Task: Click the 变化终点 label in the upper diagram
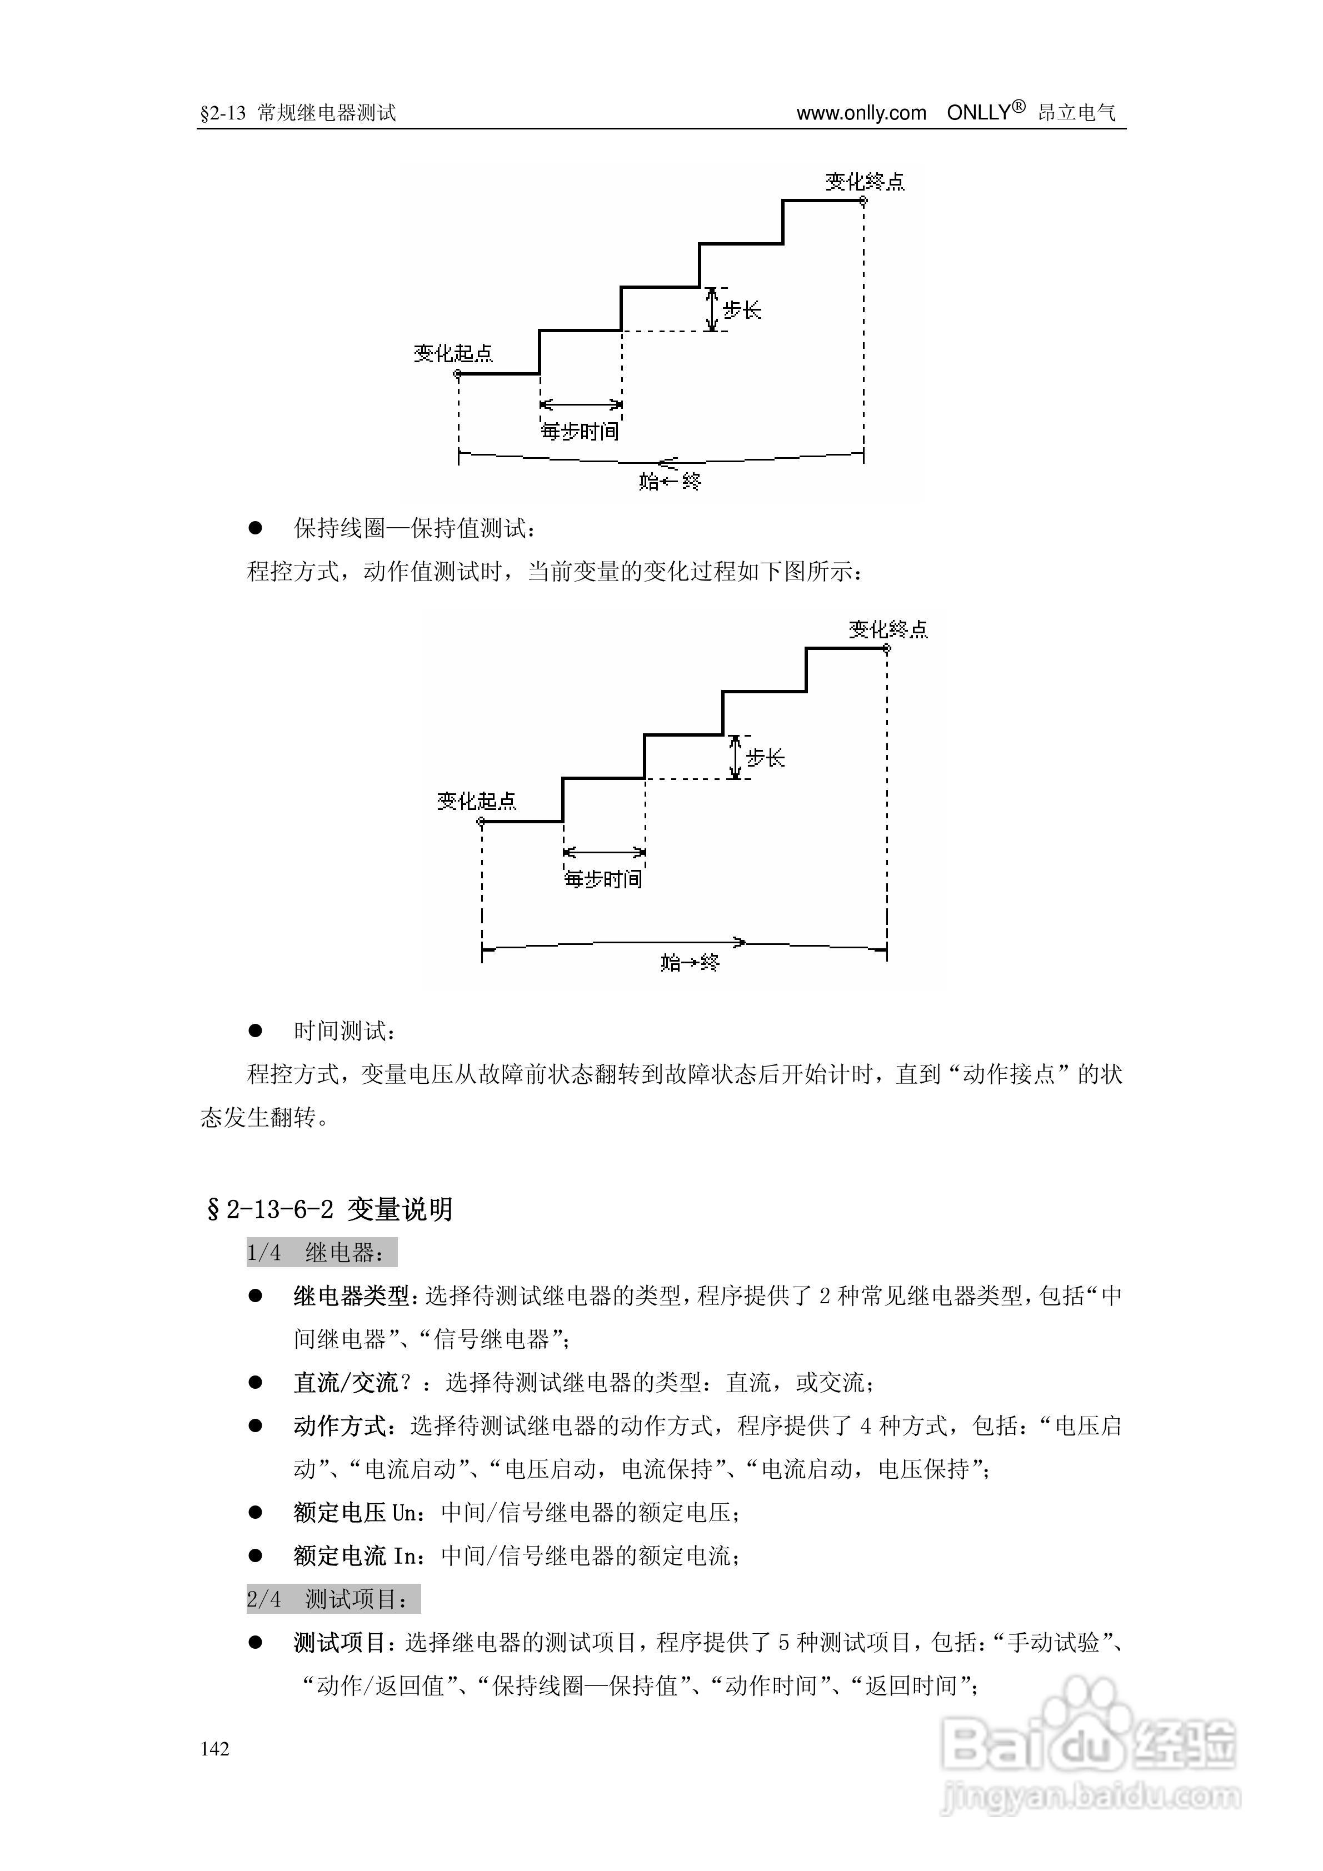865,182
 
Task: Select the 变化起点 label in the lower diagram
477,801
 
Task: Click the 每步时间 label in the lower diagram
603,879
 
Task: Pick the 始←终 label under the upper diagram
670,481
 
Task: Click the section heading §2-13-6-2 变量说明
329,1209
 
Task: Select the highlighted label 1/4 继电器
321,1253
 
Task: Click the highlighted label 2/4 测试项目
333,1600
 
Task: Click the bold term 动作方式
340,1426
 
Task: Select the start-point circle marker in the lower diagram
481,822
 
